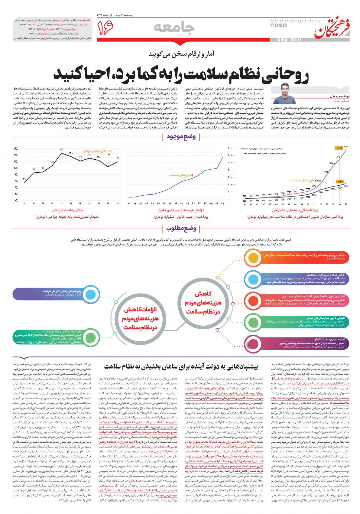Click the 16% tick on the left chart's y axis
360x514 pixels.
[15, 149]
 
